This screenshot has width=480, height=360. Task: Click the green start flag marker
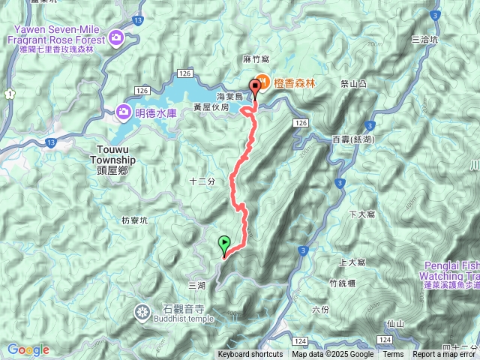click(x=224, y=244)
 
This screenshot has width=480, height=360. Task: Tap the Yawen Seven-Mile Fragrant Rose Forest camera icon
click(x=116, y=37)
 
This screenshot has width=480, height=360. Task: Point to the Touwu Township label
click(x=112, y=155)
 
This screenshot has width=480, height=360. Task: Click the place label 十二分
click(x=202, y=181)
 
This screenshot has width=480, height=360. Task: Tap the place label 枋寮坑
click(x=135, y=220)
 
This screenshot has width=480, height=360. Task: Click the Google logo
click(x=28, y=349)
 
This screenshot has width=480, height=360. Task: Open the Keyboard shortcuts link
click(x=250, y=355)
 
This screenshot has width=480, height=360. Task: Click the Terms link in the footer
click(x=392, y=355)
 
